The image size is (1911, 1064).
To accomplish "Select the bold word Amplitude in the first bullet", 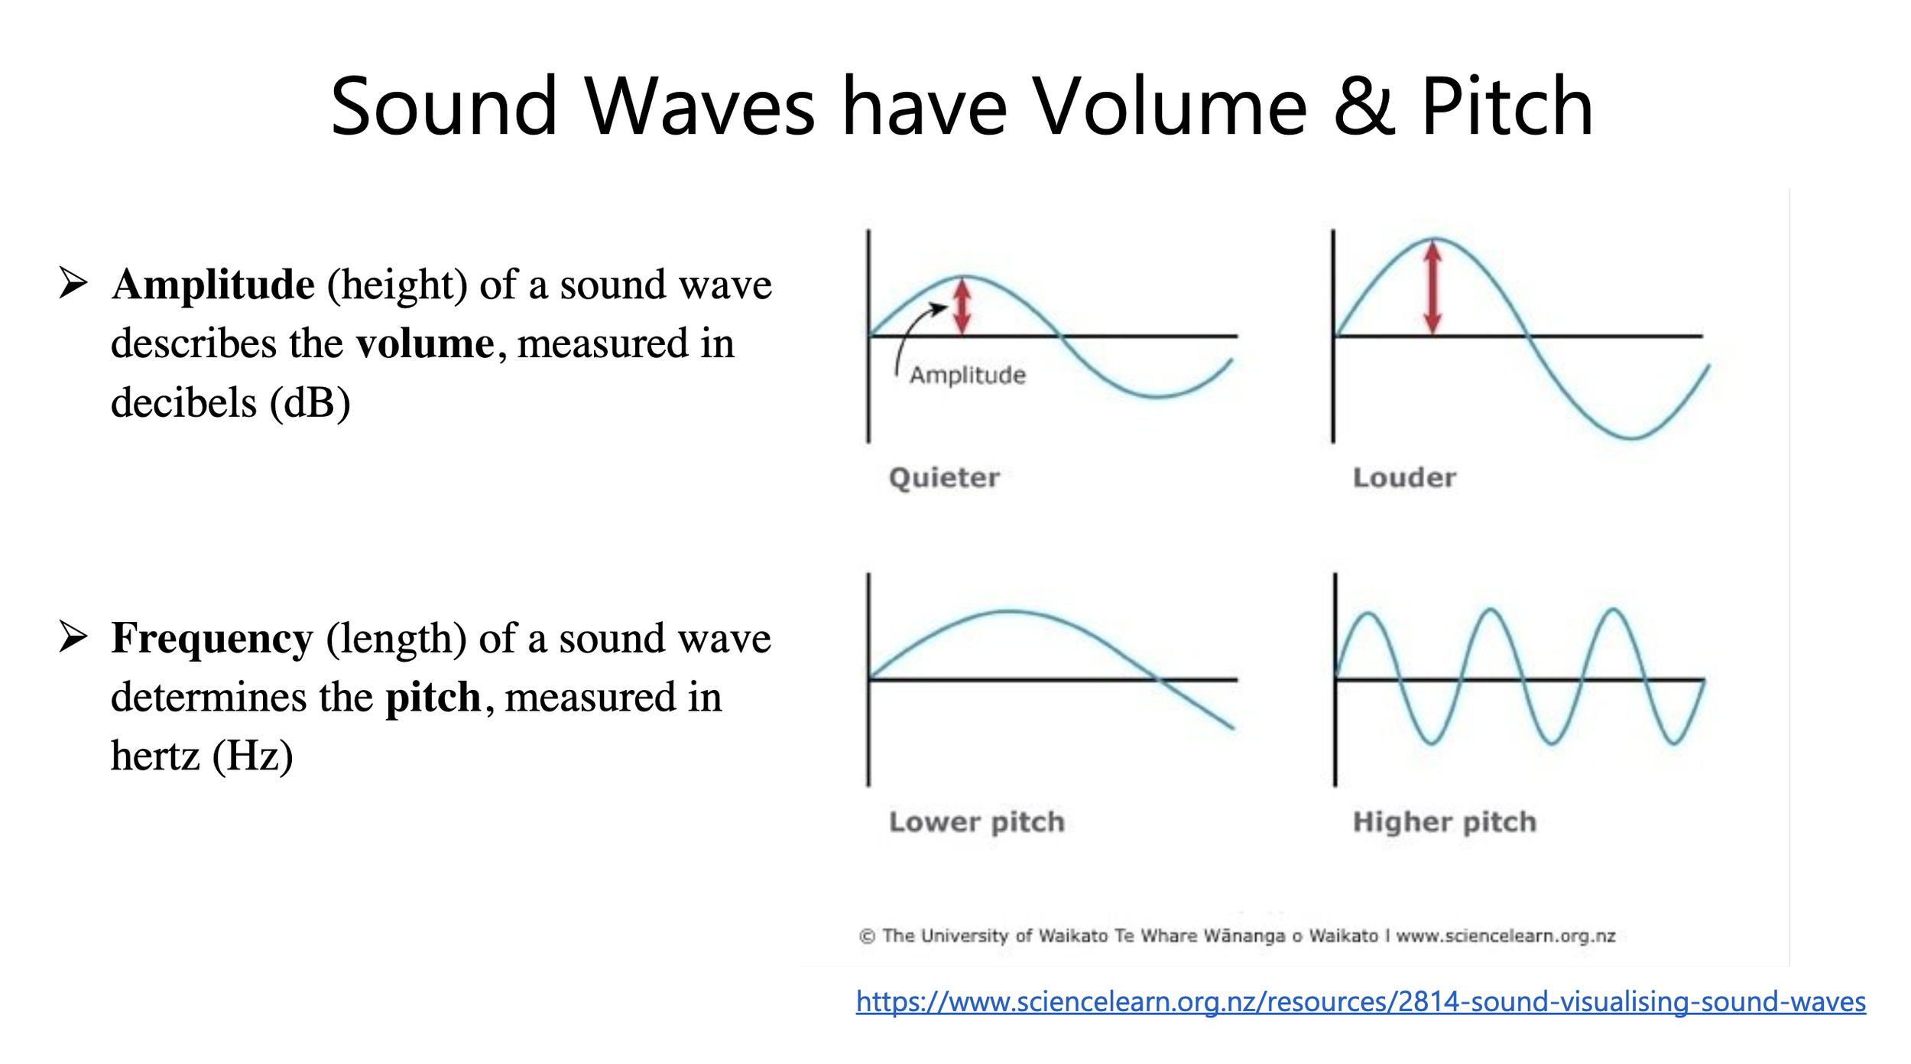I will (x=213, y=285).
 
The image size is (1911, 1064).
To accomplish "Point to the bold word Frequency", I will (x=212, y=638).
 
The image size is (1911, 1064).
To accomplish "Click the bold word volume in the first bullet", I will (x=425, y=343).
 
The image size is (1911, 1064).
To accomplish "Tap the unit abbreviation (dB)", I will (x=310, y=402).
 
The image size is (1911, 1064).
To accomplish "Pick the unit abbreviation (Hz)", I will (x=252, y=756).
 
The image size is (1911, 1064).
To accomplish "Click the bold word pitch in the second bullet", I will (x=433, y=697).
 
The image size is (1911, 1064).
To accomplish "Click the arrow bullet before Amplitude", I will (x=73, y=283).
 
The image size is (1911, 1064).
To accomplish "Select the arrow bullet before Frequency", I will (x=73, y=636).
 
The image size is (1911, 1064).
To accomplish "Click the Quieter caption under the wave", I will (x=944, y=478).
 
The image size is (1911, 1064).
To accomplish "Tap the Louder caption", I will (x=1404, y=478).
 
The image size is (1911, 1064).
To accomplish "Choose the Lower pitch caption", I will (x=976, y=822).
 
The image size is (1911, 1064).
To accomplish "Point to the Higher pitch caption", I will (x=1444, y=822).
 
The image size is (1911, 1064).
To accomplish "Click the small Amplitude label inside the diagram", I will (x=967, y=376).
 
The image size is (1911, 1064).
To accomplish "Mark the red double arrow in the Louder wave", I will (x=1433, y=288).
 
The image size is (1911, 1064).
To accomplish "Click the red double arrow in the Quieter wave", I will (x=962, y=307).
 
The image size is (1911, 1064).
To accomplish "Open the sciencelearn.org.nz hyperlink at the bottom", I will (x=1361, y=1001).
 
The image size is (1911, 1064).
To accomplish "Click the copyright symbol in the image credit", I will (x=867, y=936).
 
